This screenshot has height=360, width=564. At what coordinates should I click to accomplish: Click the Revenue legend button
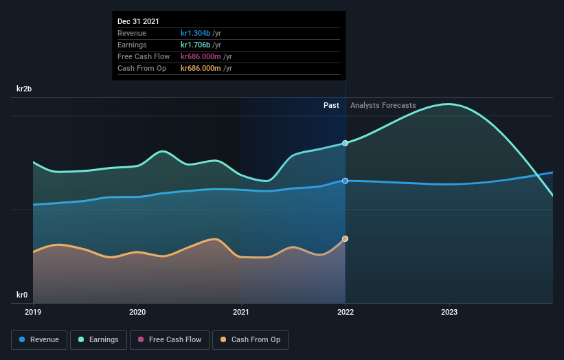point(40,339)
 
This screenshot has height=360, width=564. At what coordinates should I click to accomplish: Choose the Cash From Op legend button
point(251,339)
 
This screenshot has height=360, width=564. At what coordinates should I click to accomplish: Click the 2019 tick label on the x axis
point(33,311)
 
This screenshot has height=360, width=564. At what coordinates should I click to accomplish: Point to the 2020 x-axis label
point(137,311)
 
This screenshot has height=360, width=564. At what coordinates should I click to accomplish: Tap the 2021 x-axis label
point(241,311)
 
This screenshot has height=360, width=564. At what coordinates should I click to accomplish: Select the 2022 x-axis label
point(345,311)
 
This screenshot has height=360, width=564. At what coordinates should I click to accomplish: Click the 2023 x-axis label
point(449,311)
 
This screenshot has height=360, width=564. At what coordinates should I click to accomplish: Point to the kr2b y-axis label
point(25,89)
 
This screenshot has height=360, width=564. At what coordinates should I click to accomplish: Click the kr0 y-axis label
point(23,295)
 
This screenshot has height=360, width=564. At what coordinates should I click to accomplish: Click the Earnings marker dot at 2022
point(345,143)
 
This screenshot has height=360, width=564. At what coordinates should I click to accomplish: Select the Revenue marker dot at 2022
point(345,181)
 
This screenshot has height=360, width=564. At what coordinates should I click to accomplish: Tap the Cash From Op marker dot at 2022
point(345,238)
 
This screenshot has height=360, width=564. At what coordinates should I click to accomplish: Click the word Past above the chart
point(331,105)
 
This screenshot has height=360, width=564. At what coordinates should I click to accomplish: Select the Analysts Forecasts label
point(383,105)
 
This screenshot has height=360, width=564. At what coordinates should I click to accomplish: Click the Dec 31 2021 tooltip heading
point(138,21)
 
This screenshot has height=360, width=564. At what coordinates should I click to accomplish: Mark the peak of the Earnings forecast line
point(449,104)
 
